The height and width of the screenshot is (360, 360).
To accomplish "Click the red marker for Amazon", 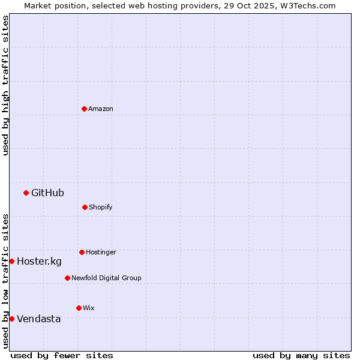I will click(x=84, y=109).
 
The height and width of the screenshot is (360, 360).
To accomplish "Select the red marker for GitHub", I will click(x=26, y=193).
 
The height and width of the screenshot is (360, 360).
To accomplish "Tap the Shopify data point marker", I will click(x=85, y=207).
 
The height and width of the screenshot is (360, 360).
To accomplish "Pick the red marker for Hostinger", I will click(x=82, y=252).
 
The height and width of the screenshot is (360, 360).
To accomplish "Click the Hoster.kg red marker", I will click(x=11, y=261).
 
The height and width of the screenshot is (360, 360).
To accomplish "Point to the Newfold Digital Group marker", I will click(x=67, y=278).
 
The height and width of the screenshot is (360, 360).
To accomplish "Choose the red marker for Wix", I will click(x=79, y=308).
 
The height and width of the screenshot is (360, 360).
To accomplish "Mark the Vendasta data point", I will click(x=11, y=319).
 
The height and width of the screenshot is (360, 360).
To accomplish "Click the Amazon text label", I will click(x=101, y=109).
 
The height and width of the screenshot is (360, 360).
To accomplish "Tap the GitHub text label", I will click(x=47, y=193).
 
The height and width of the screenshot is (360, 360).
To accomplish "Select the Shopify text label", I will click(x=101, y=207).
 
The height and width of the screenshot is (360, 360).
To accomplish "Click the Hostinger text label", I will click(x=101, y=252).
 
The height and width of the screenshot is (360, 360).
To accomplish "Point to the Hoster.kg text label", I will click(x=39, y=261).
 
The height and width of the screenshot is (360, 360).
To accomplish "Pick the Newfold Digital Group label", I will click(x=106, y=278).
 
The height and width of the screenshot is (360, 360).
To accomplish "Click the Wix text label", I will click(x=89, y=308).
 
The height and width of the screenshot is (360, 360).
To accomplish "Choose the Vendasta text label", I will click(x=38, y=319).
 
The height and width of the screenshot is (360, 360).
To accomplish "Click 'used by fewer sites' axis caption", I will click(x=62, y=355).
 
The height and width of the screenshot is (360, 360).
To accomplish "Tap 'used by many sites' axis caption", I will click(x=301, y=355).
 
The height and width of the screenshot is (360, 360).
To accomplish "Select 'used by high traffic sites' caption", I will click(x=5, y=85).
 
